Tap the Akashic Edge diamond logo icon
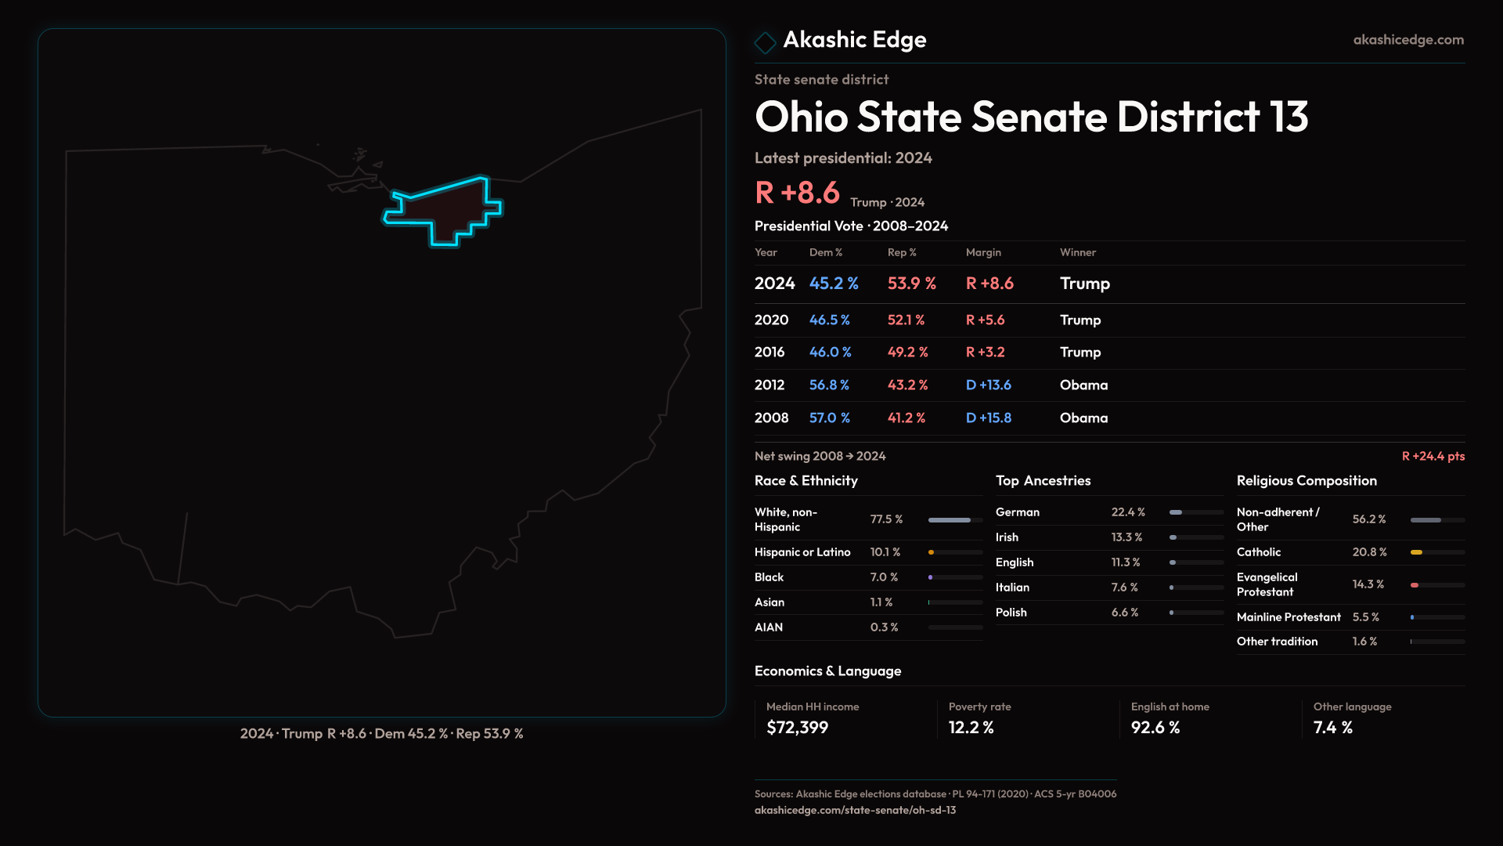(x=765, y=42)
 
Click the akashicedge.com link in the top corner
(x=1408, y=40)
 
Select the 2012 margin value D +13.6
(x=988, y=385)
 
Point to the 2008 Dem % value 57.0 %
(x=829, y=418)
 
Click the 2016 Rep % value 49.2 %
(x=907, y=352)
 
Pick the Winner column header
(x=1077, y=252)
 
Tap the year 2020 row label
(x=771, y=320)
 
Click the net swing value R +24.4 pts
(x=1433, y=457)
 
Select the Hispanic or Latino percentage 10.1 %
(x=885, y=552)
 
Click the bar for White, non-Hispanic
(x=950, y=520)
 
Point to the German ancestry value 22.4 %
(x=1127, y=512)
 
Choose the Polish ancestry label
(x=1011, y=613)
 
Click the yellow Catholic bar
(x=1416, y=552)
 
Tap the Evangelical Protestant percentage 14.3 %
(x=1368, y=584)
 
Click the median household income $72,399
(x=797, y=728)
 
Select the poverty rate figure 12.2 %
(x=971, y=728)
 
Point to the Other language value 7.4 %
(x=1332, y=728)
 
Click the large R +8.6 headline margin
(x=797, y=193)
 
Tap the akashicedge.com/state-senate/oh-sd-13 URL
(x=855, y=810)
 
